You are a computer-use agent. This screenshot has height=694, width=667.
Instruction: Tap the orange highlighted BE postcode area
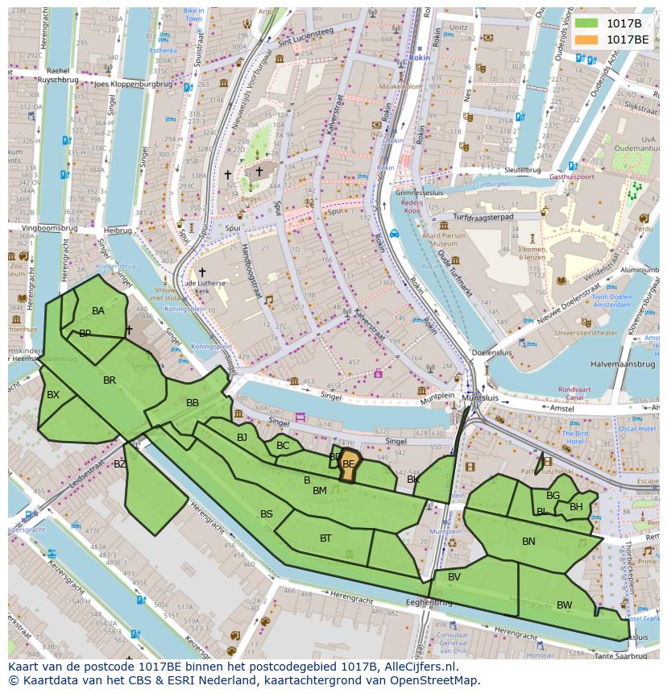(349, 468)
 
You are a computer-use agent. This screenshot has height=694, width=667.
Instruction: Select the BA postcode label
(98, 311)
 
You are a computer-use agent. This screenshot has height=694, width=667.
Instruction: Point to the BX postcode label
(53, 395)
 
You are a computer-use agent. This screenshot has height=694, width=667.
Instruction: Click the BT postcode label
(325, 538)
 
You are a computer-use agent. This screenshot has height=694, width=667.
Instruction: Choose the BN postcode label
(528, 542)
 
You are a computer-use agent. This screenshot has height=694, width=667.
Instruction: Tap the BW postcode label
(564, 605)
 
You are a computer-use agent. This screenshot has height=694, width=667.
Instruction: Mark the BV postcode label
(454, 577)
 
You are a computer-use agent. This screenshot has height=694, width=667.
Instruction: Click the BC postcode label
(283, 446)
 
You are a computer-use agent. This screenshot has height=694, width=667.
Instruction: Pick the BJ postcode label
(242, 438)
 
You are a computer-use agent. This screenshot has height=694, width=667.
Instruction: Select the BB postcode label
(193, 403)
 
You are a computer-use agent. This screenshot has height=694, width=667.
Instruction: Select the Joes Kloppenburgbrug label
(134, 84)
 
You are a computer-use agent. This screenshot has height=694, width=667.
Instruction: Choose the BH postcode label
(576, 507)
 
